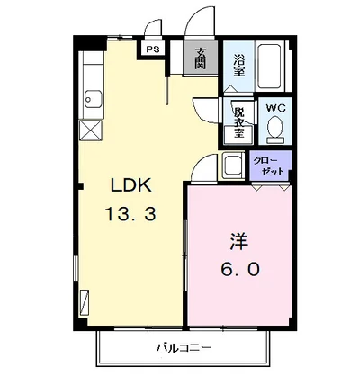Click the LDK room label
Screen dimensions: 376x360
(x=131, y=186)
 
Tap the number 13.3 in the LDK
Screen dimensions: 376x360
(x=131, y=215)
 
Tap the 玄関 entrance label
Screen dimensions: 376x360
(x=200, y=59)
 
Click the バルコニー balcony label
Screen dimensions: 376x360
(x=185, y=346)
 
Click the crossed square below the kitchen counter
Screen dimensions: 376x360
(x=91, y=129)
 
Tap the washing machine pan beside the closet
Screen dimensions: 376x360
(x=234, y=166)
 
